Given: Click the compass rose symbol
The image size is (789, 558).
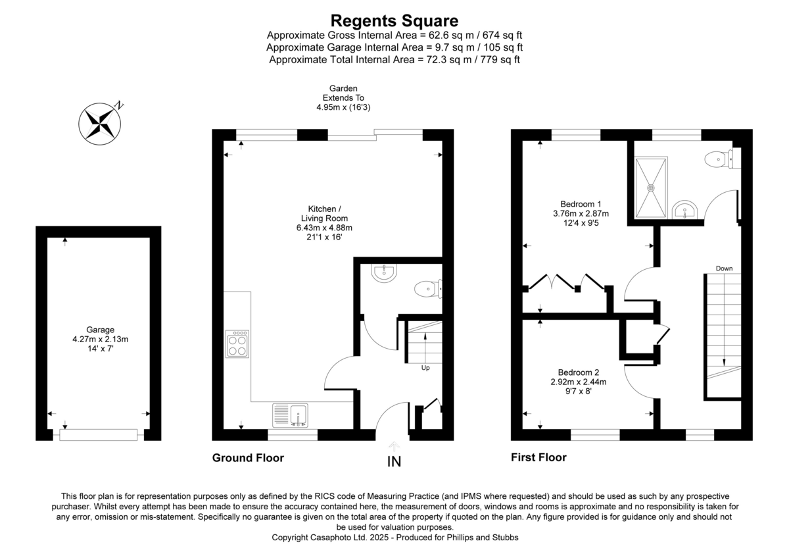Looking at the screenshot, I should pos(101,123).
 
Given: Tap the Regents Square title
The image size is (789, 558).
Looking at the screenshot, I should pos(394,20).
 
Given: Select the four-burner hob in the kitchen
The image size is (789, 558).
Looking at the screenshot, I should pos(237,343).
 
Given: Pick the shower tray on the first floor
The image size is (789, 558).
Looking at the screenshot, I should pos(651,188).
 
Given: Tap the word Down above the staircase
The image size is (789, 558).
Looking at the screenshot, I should pos(724,268).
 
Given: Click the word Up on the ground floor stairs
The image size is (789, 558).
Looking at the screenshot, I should pos(425,368).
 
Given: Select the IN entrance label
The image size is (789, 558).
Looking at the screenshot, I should pos(394,462).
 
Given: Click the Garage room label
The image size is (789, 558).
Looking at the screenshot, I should pos(100,330).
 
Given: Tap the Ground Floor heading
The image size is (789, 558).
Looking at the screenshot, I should pos(248,457).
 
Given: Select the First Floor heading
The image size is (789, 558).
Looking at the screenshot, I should pos(538,457).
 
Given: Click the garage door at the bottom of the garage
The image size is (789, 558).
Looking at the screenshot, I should pos(99,434).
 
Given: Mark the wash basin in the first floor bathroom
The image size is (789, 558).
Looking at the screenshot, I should pos(684,210).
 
